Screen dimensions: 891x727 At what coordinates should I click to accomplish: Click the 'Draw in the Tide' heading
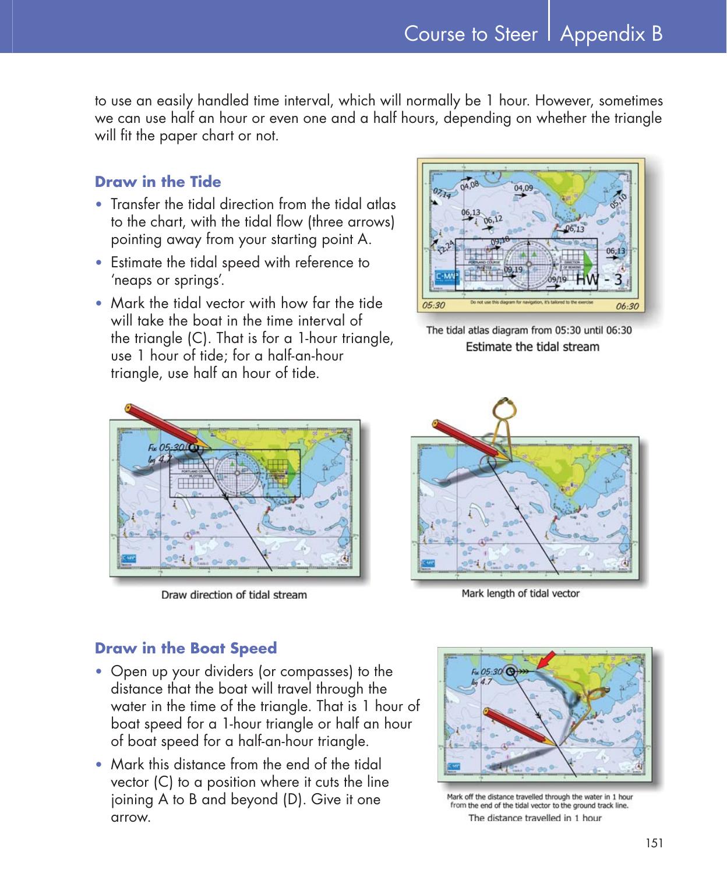(x=158, y=182)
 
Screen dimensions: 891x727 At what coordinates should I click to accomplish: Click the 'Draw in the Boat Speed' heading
(x=186, y=648)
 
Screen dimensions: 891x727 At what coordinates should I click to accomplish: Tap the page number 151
(x=654, y=843)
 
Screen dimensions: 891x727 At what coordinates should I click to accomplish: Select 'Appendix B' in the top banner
(x=611, y=34)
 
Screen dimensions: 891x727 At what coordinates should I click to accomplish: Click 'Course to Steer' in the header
(x=471, y=34)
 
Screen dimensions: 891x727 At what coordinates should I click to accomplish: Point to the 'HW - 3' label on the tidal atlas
(x=599, y=280)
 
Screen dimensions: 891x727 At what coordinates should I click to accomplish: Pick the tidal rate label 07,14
(x=441, y=193)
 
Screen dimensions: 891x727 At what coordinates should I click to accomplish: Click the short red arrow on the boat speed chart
(x=545, y=662)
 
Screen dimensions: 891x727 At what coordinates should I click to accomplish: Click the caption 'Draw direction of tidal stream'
(x=234, y=595)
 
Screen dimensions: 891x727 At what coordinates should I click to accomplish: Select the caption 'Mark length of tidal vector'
(x=520, y=593)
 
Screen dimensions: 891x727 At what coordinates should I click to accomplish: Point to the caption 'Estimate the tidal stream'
(x=532, y=347)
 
